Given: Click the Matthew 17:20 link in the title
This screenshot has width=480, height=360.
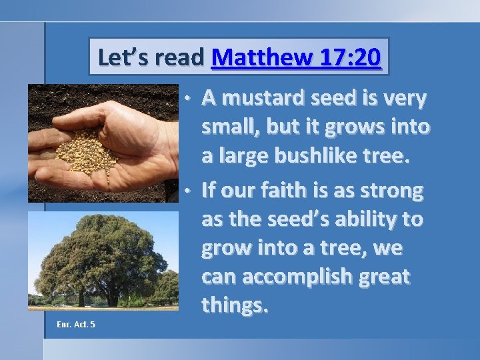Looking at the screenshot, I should coord(296,57).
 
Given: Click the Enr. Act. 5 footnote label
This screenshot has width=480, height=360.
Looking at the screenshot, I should coord(76,324).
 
